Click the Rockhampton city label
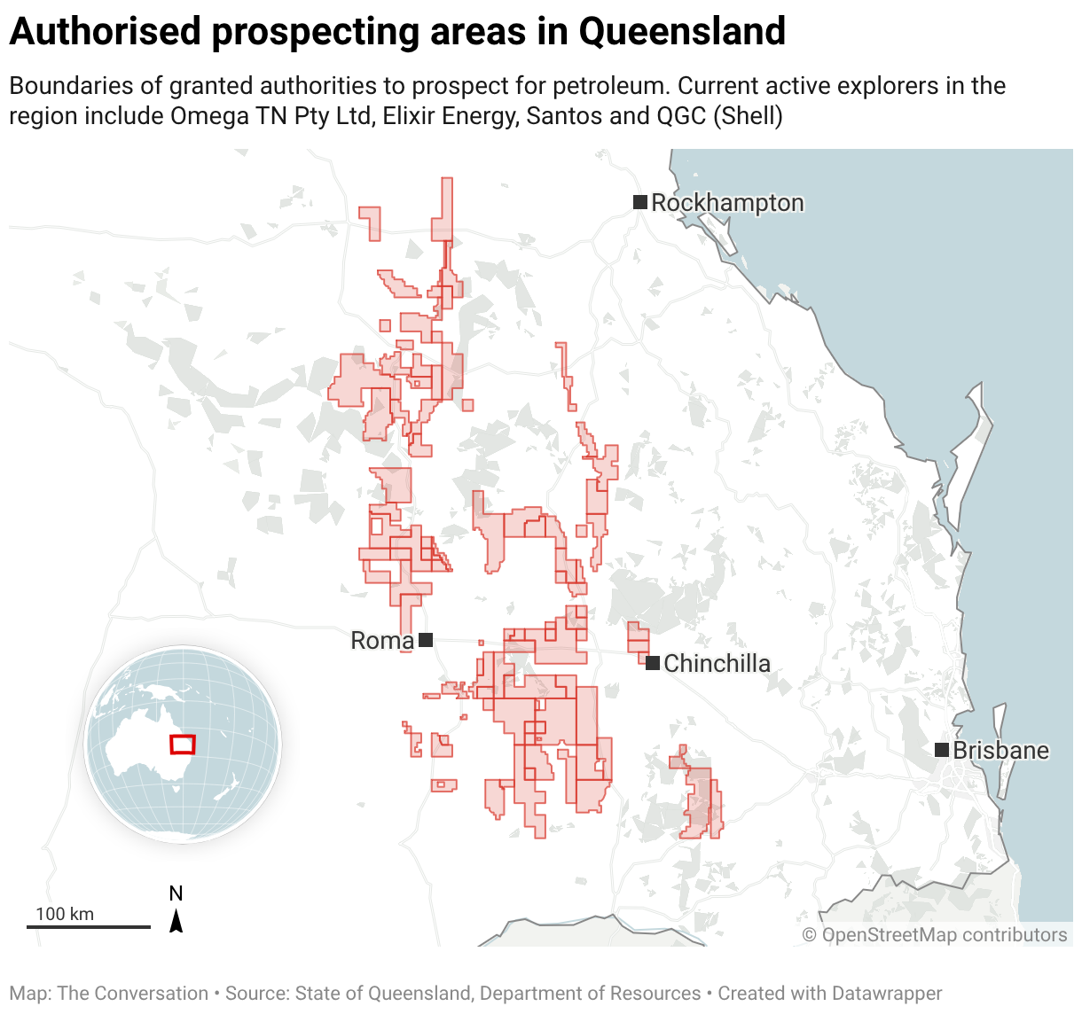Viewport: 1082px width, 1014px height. point(727,203)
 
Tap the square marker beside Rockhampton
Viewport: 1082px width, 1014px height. point(639,202)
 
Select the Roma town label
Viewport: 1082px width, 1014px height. point(382,641)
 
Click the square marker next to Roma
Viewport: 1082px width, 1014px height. point(426,640)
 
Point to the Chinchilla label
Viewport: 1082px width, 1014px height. point(717,663)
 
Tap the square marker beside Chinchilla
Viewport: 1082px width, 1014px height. point(653,663)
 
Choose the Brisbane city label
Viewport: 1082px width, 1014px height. point(1000,751)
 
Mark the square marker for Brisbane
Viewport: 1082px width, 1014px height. point(942,750)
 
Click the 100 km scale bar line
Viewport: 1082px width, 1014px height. point(89,927)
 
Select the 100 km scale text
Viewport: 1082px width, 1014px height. point(65,914)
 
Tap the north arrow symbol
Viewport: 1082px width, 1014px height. point(176,921)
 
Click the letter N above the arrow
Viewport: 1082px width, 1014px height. point(176,893)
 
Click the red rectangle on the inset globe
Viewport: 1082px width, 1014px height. point(183,745)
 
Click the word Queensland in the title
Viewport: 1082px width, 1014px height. point(682,32)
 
